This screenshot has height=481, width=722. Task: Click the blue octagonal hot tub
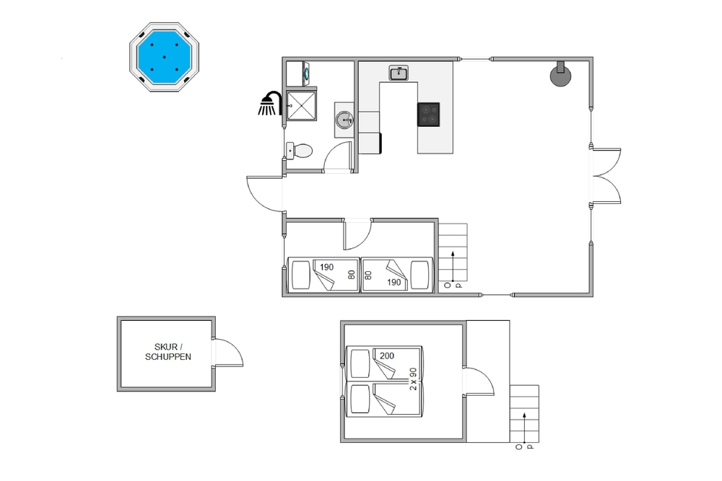164,57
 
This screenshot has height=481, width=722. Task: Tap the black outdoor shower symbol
270,103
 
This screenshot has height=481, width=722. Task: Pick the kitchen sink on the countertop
399,73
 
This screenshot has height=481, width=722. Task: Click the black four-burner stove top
429,115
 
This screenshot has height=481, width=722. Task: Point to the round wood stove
561,76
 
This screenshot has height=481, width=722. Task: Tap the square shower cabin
302,106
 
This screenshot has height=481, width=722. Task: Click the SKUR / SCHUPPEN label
168,352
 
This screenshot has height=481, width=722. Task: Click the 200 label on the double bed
387,356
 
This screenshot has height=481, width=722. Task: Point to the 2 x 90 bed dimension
413,379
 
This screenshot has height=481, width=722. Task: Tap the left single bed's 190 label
326,267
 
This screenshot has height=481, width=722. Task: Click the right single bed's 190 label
394,283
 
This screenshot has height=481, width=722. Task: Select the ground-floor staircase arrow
453,266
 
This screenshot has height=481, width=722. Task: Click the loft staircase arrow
524,428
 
